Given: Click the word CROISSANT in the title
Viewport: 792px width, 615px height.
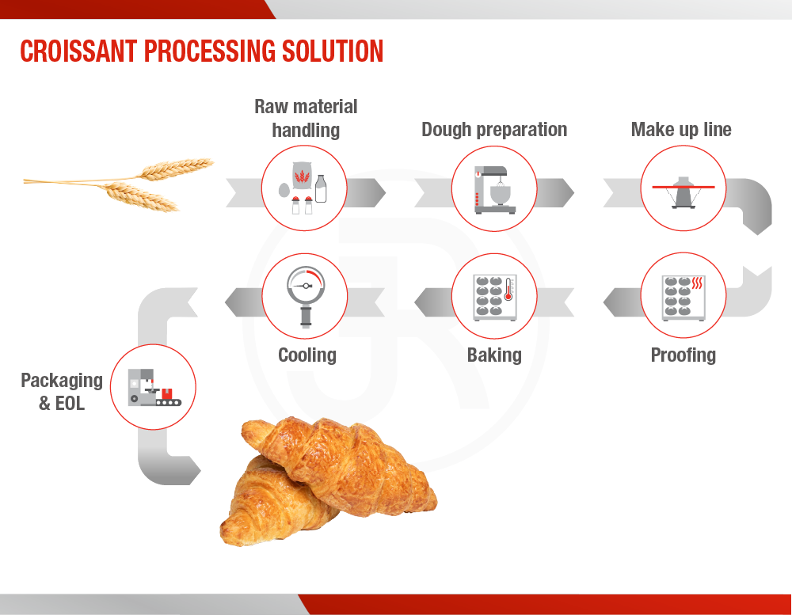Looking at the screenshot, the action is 78,51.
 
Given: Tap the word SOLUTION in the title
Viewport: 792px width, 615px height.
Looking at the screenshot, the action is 333,51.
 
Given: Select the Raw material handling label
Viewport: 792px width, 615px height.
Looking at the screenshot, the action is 306,118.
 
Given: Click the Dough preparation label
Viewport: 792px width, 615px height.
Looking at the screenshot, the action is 494,130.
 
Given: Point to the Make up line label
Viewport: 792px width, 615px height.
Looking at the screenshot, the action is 681,130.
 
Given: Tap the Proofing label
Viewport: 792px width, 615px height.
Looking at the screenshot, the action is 683,355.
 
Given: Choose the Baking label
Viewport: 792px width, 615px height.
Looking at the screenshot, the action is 494,355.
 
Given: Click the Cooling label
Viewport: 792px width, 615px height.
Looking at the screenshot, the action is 307,355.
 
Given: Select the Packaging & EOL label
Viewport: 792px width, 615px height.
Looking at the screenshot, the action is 62,392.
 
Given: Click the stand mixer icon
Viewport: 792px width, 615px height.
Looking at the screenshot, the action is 494,190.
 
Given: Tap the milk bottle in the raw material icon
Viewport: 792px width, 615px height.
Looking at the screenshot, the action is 321,189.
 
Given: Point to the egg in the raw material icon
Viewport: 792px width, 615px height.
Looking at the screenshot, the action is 284,190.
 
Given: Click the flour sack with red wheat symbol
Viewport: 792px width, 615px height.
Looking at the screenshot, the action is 302,176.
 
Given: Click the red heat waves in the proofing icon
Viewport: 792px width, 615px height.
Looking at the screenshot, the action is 697,283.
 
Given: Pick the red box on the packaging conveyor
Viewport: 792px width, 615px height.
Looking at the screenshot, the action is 166,393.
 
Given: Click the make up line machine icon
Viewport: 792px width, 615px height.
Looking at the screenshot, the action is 683,192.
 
